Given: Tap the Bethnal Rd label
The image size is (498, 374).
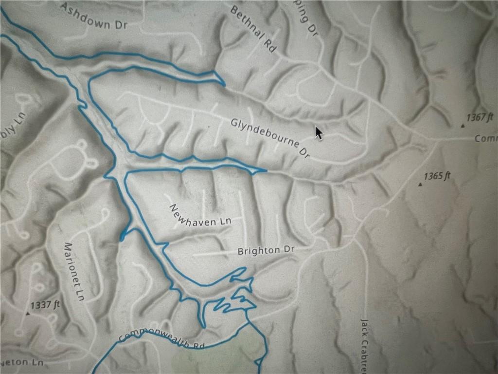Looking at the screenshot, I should (253, 29).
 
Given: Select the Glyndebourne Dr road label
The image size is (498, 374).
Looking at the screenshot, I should (270, 138).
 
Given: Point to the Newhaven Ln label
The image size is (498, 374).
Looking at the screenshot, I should (200, 215).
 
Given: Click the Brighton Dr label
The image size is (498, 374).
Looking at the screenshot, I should (266, 250).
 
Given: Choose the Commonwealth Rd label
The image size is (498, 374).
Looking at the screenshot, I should (161, 340).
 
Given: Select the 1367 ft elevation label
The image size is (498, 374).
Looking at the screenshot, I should (480, 117).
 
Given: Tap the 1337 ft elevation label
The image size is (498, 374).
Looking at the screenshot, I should (45, 305).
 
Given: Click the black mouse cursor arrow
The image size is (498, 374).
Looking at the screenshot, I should (318, 132).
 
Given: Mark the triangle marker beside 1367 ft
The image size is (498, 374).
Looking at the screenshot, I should (462, 126).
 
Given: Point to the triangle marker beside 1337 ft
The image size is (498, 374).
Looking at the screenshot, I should (28, 314).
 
